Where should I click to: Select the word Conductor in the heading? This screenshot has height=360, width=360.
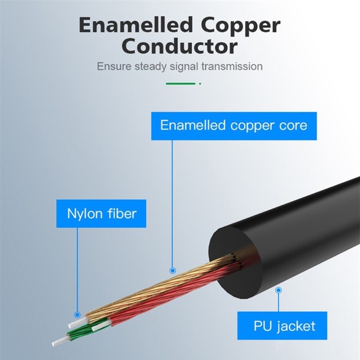click(x=180, y=46)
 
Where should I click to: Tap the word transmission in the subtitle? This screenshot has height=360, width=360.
click(x=232, y=66)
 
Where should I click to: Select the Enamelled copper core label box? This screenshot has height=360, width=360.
click(x=233, y=125)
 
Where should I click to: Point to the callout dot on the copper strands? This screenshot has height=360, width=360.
click(x=172, y=271)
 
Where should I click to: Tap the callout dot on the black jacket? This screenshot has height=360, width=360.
click(x=278, y=290)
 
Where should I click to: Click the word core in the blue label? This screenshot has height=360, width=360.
click(x=293, y=125)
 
